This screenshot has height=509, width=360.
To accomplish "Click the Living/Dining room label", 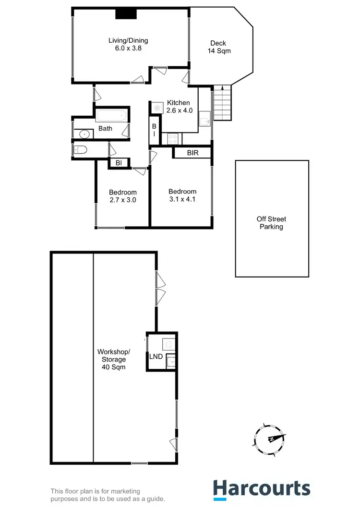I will click(x=128, y=44).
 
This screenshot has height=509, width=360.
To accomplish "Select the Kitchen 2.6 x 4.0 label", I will click(x=179, y=107).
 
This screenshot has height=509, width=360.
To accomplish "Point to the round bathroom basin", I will click(x=84, y=134).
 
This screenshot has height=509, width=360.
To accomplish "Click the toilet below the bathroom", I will click(x=80, y=150).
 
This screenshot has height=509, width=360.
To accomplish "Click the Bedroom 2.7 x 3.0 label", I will click(x=123, y=196).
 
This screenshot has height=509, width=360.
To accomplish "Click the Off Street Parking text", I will click(x=271, y=223).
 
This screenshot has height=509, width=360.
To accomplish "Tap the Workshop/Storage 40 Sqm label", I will click(x=114, y=359).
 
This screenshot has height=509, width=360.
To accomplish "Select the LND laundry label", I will click(x=156, y=356).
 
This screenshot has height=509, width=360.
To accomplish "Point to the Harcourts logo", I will click(x=262, y=489).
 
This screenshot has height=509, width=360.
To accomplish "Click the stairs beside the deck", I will click(x=222, y=104).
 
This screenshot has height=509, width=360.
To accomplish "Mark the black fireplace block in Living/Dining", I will click(x=126, y=13).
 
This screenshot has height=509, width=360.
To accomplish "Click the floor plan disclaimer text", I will click(x=108, y=495).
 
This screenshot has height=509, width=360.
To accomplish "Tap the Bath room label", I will click(x=105, y=129).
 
